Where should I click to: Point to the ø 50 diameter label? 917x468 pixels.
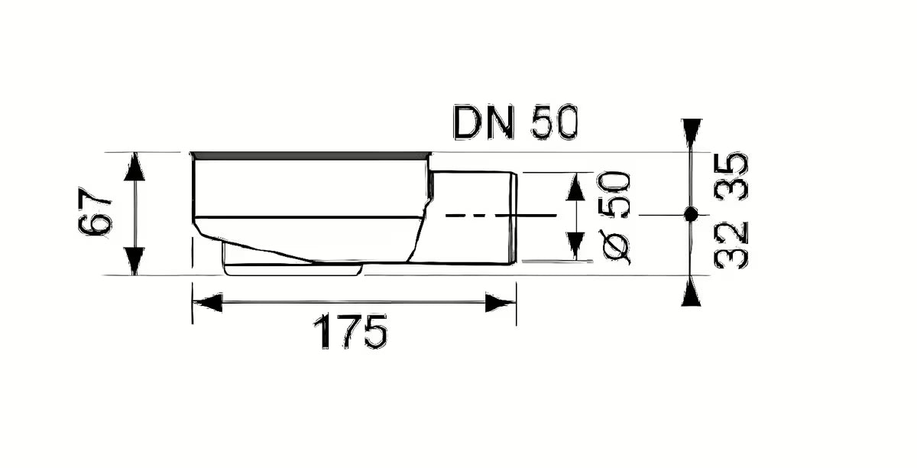click(x=616, y=217)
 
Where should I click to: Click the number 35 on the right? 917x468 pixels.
click(x=731, y=177)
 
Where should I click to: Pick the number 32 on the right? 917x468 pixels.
click(x=731, y=244)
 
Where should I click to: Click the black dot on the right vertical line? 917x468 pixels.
click(x=691, y=215)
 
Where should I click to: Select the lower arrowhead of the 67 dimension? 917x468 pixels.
click(x=134, y=261)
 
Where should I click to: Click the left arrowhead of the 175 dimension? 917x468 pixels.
click(x=206, y=303)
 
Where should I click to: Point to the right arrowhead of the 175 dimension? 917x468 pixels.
click(x=501, y=303)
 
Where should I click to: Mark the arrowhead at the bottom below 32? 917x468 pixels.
click(x=691, y=292)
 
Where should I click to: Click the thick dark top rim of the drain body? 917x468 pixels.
click(x=309, y=156)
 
